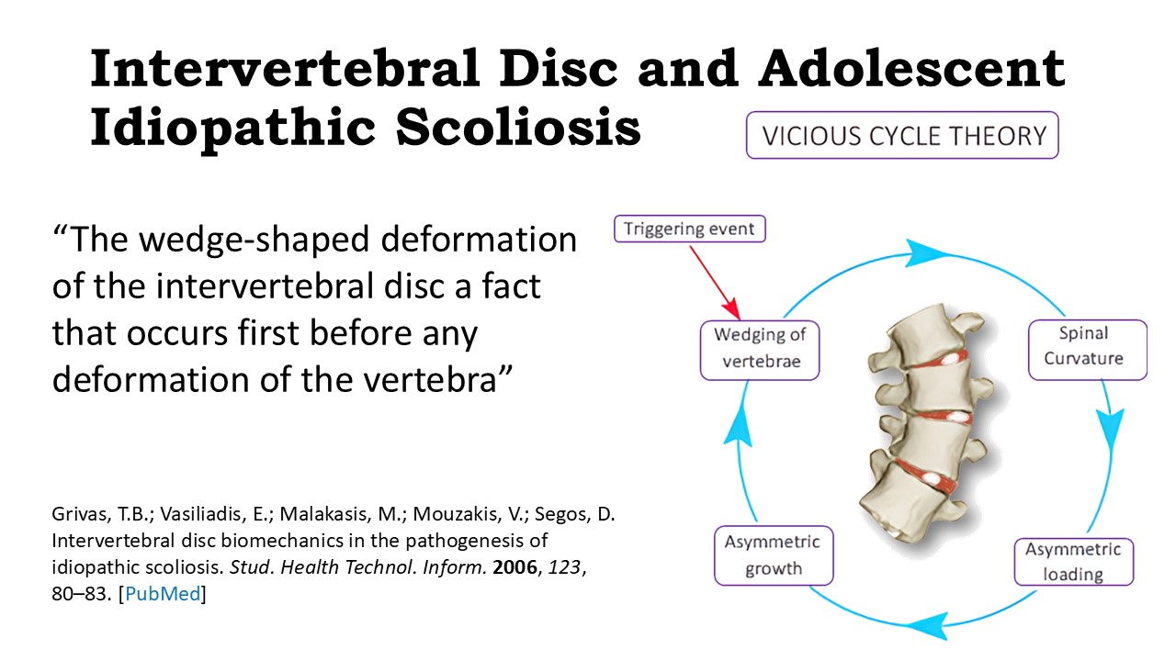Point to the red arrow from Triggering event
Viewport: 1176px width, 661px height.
coord(715,282)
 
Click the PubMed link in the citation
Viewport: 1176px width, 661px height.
coord(163,594)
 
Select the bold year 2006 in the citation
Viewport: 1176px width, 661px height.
coord(514,567)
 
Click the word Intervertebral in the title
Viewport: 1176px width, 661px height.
coord(284,68)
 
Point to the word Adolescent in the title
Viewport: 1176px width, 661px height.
coord(911,68)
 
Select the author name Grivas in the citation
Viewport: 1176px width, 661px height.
coord(78,514)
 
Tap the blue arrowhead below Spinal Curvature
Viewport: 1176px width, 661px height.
coord(1111,429)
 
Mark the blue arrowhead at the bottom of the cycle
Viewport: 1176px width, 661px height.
coord(928,625)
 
